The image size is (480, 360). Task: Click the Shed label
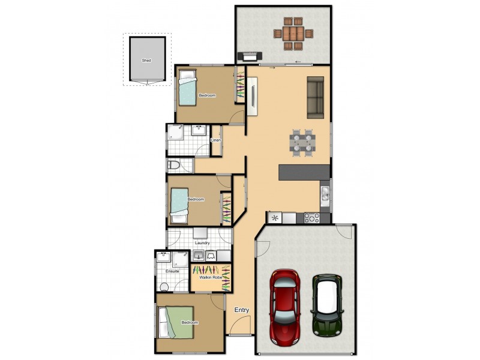(x=146, y=61)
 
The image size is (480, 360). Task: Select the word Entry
(x=241, y=310)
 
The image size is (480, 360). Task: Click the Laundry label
(x=202, y=243)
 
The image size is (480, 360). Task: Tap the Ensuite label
(x=173, y=271)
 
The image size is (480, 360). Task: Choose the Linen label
(x=216, y=140)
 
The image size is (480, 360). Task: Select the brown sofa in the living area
(x=316, y=98)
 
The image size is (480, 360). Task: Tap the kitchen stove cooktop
(x=311, y=218)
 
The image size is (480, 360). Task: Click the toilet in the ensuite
(x=164, y=286)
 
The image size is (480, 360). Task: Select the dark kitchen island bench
(x=304, y=172)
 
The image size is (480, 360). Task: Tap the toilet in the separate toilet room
(x=174, y=165)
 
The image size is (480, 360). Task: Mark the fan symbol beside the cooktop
(x=275, y=218)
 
